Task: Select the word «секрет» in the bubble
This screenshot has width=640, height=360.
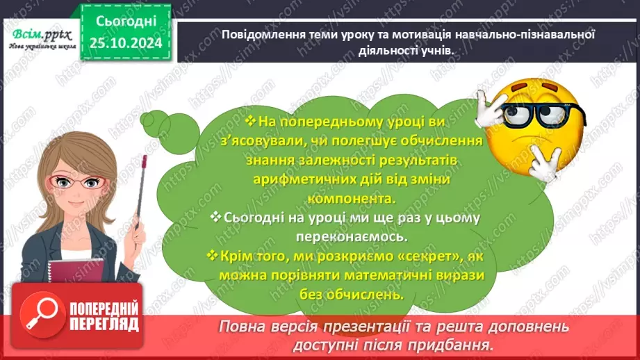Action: (410, 256)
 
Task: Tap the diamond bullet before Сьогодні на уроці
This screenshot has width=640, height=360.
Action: (217, 218)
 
